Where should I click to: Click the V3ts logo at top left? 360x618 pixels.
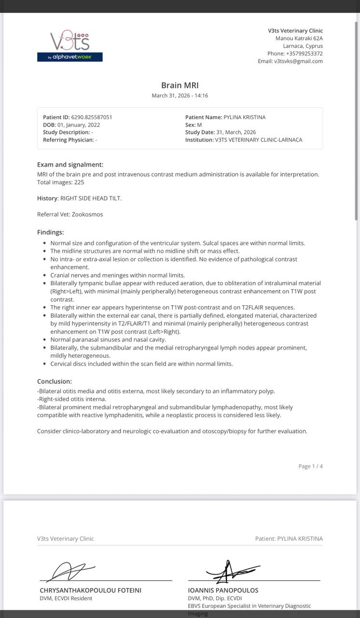(70, 46)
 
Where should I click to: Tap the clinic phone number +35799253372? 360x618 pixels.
(304, 54)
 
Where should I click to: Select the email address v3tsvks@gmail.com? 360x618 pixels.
(298, 61)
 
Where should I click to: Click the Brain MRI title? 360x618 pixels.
(180, 85)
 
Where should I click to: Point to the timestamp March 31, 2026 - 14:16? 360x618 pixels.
(180, 96)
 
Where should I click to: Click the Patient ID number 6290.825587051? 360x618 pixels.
(92, 117)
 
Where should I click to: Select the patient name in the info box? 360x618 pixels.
(244, 117)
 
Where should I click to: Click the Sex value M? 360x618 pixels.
(199, 125)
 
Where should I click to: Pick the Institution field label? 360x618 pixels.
(199, 140)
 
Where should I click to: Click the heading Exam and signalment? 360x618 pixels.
(70, 165)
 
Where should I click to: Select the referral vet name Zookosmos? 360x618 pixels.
(87, 214)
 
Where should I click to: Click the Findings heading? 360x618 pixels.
(50, 232)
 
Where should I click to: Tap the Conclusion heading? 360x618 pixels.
(55, 381)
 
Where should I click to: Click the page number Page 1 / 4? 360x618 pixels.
(310, 466)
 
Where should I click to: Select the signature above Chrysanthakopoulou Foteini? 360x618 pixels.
(72, 572)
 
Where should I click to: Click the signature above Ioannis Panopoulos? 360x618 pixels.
(232, 572)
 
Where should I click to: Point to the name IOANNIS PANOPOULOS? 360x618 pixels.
(223, 590)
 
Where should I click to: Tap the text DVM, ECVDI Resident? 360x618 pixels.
(66, 598)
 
